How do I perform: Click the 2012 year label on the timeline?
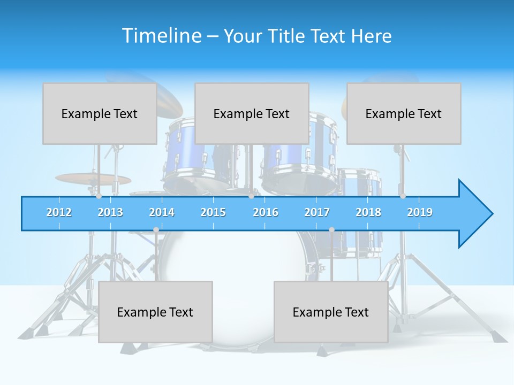[59, 212]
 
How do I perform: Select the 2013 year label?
[110, 212]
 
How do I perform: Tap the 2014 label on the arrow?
[162, 212]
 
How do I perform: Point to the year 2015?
[213, 212]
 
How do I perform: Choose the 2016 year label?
[266, 212]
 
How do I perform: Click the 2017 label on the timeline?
[317, 212]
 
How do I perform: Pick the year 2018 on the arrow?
[368, 212]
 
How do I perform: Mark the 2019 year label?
[420, 212]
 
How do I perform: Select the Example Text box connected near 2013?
[100, 113]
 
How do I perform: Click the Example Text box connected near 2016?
[252, 113]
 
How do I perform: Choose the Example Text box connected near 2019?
[404, 113]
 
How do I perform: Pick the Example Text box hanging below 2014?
[155, 312]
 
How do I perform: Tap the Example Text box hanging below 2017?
[331, 312]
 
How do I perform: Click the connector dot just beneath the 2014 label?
[156, 229]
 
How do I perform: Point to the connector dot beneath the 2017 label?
[331, 229]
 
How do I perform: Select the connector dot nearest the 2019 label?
[403, 196]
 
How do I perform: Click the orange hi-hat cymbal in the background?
[93, 179]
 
